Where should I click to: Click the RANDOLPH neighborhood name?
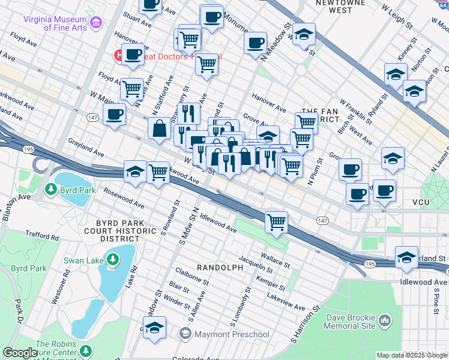click(x=220, y=267)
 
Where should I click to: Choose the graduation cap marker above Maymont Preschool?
click(x=154, y=328)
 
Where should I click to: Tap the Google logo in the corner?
click(x=20, y=353)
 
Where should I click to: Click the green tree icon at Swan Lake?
click(x=112, y=259)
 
